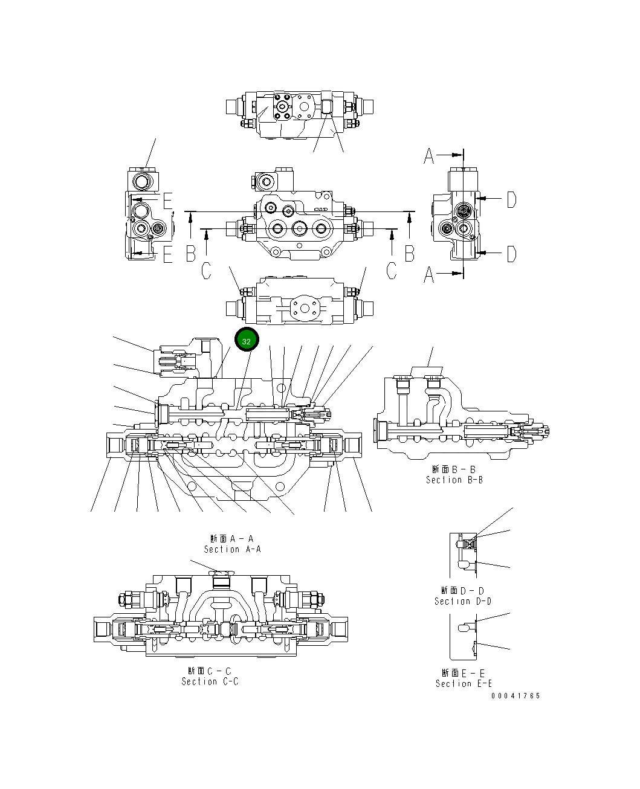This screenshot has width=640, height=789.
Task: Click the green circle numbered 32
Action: click(247, 341)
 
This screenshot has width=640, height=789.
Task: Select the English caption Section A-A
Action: click(232, 549)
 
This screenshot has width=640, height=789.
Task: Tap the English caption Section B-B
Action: click(454, 480)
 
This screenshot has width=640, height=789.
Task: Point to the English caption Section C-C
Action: click(210, 681)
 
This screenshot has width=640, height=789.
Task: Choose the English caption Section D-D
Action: click(462, 601)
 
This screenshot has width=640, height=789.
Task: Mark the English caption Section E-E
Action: click(464, 683)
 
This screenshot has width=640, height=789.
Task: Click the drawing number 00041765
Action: click(516, 696)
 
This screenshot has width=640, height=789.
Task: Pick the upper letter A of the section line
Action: click(429, 156)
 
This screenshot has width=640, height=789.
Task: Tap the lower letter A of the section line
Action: click(429, 275)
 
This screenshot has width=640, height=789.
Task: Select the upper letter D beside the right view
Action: click(511, 199)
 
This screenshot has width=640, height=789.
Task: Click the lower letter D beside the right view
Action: click(511, 254)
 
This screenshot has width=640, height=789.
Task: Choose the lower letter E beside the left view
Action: click(167, 254)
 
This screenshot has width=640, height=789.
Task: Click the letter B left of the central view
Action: click(191, 254)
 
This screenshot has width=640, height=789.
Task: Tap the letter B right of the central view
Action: click(410, 254)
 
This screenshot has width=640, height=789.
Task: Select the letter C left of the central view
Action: click(207, 271)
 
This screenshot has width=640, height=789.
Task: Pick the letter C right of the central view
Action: click(392, 271)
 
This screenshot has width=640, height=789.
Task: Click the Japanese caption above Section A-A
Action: click(232, 538)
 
